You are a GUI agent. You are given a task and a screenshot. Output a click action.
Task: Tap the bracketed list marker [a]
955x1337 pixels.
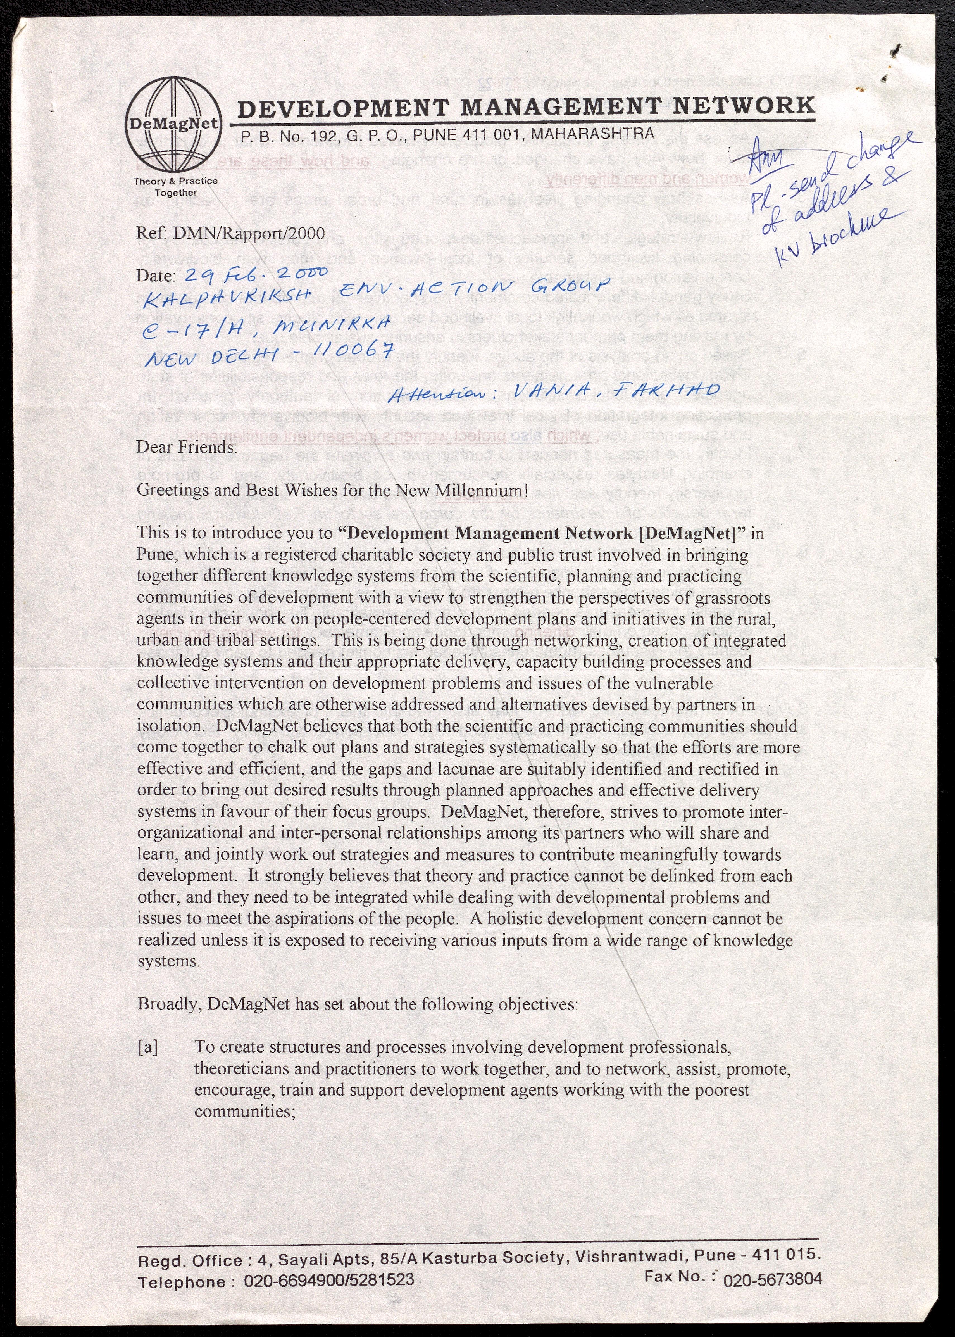click(x=148, y=1047)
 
